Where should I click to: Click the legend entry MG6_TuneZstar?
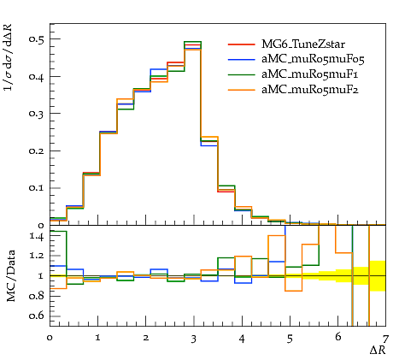point(303,44)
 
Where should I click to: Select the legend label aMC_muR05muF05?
point(313,59)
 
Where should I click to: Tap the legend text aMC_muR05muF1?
point(310,74)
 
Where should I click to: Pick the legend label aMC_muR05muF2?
point(310,90)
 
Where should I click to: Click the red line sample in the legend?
point(242,44)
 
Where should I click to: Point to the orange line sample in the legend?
point(242,90)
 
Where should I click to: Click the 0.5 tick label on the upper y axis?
point(36,39)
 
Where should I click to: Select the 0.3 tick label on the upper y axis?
point(36,113)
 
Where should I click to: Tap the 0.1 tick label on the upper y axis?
point(36,188)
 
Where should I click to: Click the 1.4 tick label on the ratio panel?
point(36,237)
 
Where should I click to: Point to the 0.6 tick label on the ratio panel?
point(36,316)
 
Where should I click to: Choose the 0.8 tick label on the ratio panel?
point(36,296)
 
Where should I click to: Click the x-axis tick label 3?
point(194,339)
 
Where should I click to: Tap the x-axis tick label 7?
point(385,339)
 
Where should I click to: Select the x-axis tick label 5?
point(290,339)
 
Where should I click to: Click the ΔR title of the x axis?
point(378,350)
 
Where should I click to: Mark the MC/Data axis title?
point(11,275)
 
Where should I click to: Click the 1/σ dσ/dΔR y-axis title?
point(9,57)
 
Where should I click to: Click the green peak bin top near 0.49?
point(192,42)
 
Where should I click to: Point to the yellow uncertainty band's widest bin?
point(378,276)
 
